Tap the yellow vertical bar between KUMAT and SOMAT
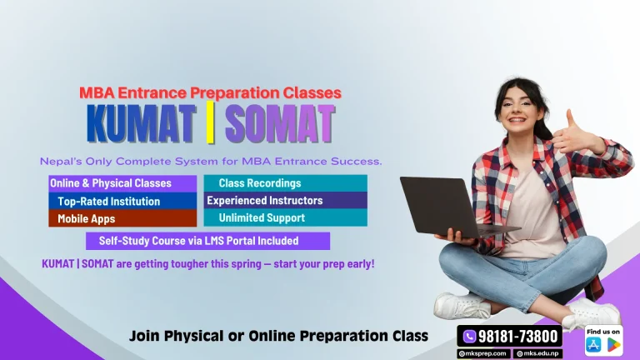210,124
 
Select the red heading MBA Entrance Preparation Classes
210,93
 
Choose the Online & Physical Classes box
122,183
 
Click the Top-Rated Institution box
122,201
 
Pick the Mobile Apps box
122,218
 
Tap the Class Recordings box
286,183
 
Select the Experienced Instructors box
286,201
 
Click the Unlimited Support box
286,218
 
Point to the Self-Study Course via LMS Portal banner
208,241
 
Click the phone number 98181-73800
517,336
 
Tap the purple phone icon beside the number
469,336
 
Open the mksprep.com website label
482,353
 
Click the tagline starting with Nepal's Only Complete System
210,162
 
